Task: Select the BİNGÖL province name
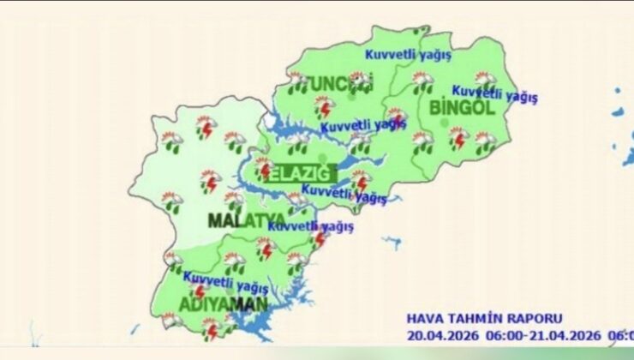[x=462, y=108]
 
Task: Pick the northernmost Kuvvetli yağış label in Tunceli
[x=409, y=54]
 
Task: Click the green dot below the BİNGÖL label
[x=443, y=123]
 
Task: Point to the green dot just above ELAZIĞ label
[x=323, y=157]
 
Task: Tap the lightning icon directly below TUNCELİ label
[x=324, y=107]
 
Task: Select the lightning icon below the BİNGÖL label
[x=458, y=137]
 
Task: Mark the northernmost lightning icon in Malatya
[x=205, y=128]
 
